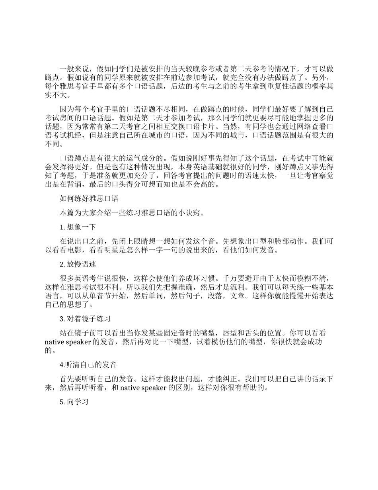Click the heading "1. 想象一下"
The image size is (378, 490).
[78, 227]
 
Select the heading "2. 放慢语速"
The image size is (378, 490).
[78, 265]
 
